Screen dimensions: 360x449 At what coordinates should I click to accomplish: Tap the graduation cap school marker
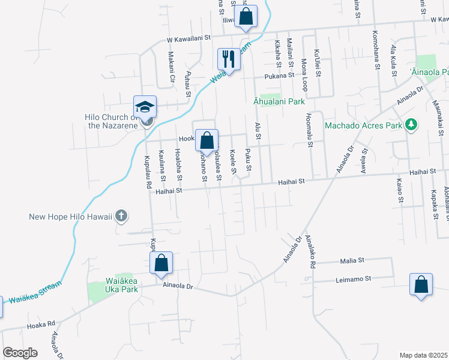tap(145, 107)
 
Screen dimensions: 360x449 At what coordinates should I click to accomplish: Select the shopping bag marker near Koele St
tap(206, 141)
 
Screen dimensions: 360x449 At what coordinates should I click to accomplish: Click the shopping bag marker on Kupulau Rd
tap(161, 263)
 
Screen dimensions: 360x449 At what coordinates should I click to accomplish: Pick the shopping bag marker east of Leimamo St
tap(421, 284)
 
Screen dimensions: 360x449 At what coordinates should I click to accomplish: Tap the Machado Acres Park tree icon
tap(411, 125)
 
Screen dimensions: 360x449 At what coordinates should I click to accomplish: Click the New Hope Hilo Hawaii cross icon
tap(121, 215)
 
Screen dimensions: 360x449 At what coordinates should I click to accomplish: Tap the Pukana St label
tap(280, 76)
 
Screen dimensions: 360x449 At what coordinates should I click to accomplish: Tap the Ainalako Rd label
tap(311, 251)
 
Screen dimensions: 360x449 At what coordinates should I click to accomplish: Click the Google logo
tap(20, 352)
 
